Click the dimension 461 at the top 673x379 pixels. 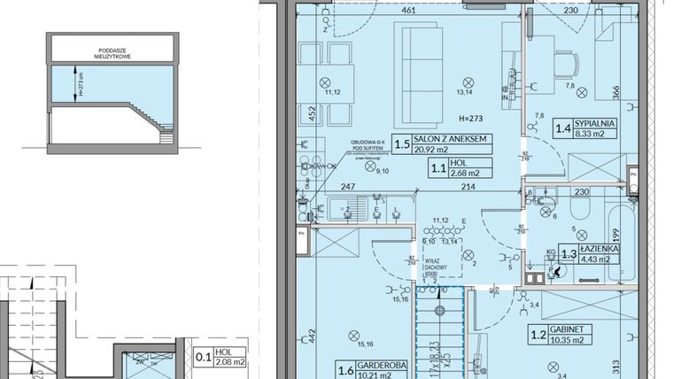click(x=408, y=11)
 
